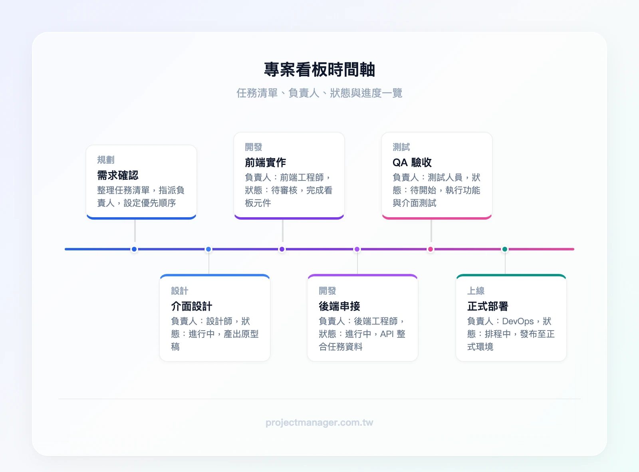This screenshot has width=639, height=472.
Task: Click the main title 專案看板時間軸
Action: coord(319,70)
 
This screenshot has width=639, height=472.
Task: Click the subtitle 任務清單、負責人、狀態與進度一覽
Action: coord(319,93)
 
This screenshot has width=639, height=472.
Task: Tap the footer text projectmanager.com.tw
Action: coord(319,422)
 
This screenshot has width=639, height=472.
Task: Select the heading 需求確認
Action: coord(118,175)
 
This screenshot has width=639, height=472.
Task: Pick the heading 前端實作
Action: coord(266,163)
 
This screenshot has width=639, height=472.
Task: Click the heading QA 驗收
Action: coord(412,163)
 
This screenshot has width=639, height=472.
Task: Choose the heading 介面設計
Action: coord(192,306)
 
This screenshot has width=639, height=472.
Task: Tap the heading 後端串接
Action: coord(339,306)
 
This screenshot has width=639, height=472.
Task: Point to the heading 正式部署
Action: coord(488,306)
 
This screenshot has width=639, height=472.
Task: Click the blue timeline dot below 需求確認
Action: coord(134,249)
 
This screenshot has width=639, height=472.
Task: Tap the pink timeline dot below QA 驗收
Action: coord(431,249)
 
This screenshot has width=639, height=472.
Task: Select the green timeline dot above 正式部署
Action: coord(505,249)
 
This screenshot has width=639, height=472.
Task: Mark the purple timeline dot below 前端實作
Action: coord(282,249)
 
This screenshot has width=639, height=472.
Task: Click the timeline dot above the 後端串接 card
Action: coord(357,249)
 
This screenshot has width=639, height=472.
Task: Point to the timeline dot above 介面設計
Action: coord(208,249)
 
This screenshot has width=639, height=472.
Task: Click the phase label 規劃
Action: coord(106,160)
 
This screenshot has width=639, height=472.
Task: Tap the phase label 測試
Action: coord(401,147)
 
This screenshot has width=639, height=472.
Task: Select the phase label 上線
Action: coord(476,291)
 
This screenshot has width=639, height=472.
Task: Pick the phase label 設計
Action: coord(180,291)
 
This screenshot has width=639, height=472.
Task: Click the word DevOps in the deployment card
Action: coord(518,321)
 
